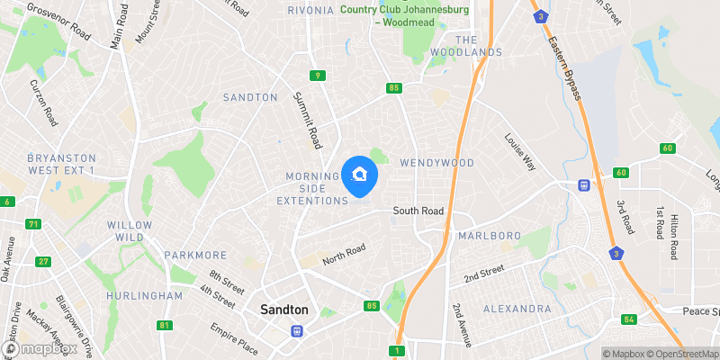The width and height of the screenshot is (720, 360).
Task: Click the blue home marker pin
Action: (x=360, y=175)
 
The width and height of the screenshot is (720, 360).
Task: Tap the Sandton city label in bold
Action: (x=283, y=310)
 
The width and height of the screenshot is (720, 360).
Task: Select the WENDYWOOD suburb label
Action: (x=436, y=163)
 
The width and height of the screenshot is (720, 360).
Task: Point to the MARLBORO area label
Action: (x=489, y=236)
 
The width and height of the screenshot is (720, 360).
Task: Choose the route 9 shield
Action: (x=318, y=76)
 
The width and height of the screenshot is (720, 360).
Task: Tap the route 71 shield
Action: (x=34, y=224)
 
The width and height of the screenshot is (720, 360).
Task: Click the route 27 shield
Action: (x=43, y=262)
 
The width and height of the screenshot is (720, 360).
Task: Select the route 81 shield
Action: (x=163, y=325)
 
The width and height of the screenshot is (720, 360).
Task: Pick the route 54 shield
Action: (x=628, y=319)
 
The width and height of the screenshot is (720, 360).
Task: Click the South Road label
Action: (x=418, y=211)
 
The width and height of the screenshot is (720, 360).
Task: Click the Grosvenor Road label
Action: (x=59, y=21)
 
